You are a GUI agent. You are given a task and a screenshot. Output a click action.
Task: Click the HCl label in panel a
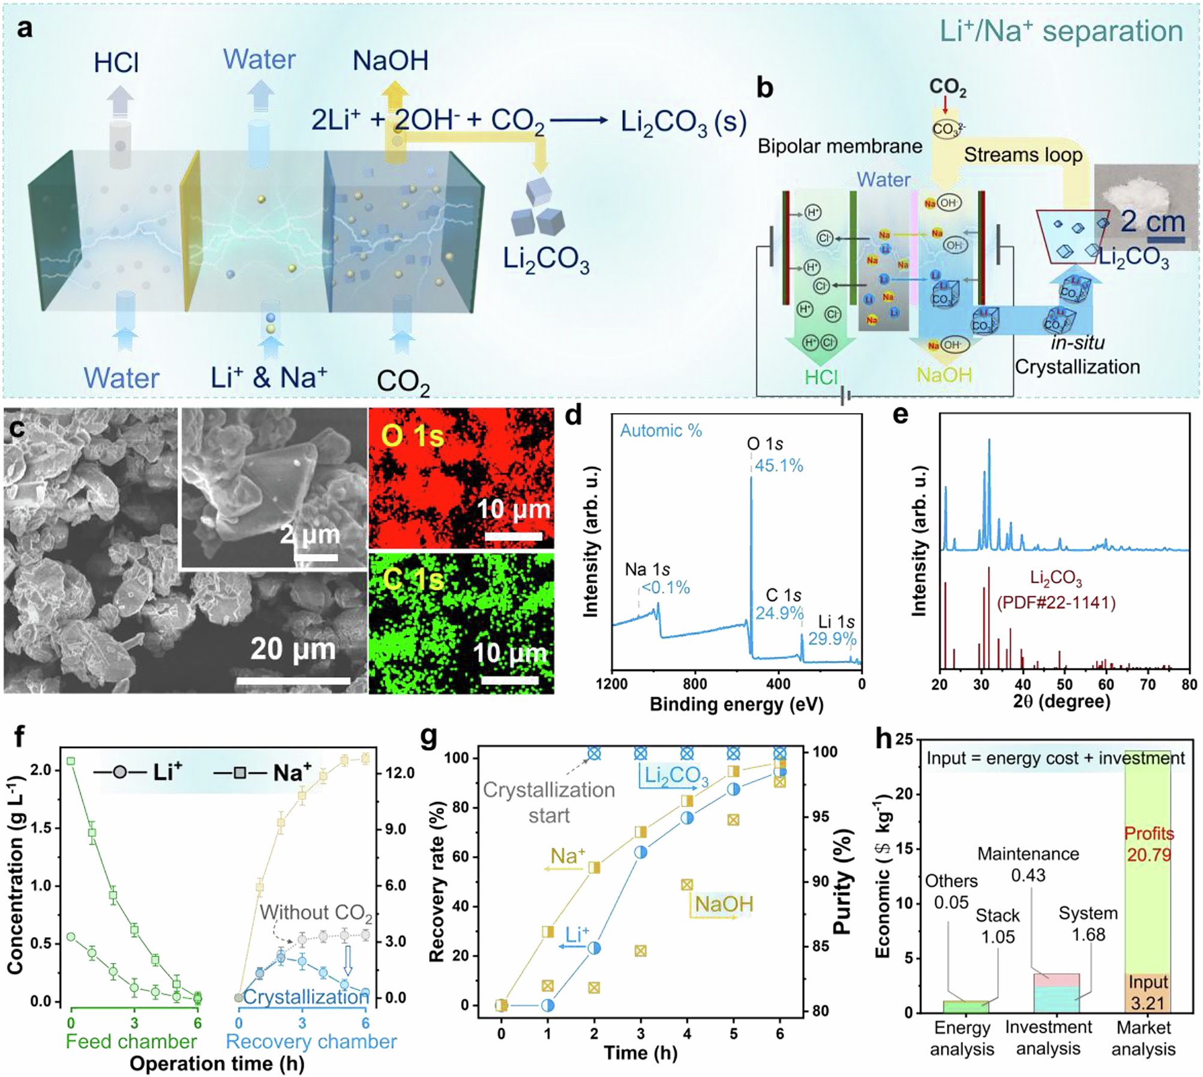click(x=116, y=62)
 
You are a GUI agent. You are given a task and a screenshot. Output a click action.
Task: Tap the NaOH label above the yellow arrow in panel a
click(x=390, y=61)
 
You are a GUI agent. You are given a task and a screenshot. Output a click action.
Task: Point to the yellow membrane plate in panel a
click(x=193, y=231)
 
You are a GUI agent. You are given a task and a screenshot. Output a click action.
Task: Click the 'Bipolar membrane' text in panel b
click(x=839, y=146)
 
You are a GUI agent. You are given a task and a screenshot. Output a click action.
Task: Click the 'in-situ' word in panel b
click(x=1078, y=343)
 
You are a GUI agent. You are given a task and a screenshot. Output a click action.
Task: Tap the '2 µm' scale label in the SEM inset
click(x=310, y=534)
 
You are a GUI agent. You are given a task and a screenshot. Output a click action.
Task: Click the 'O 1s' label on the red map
click(x=413, y=436)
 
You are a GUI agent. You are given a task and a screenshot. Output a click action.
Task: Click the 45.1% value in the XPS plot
click(x=779, y=465)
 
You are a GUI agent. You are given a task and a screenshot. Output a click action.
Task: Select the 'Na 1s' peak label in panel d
click(x=647, y=569)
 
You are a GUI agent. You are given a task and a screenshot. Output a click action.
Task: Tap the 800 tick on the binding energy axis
click(x=695, y=684)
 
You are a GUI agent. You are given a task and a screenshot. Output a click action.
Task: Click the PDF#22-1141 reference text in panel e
click(x=1056, y=602)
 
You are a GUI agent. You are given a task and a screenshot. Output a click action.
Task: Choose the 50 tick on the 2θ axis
click(x=1064, y=684)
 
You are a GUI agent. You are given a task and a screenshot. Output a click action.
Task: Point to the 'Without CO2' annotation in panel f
click(x=316, y=913)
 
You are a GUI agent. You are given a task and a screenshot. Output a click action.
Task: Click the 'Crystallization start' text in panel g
click(x=549, y=802)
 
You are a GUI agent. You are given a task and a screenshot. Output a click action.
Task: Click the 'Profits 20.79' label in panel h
click(x=1148, y=843)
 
